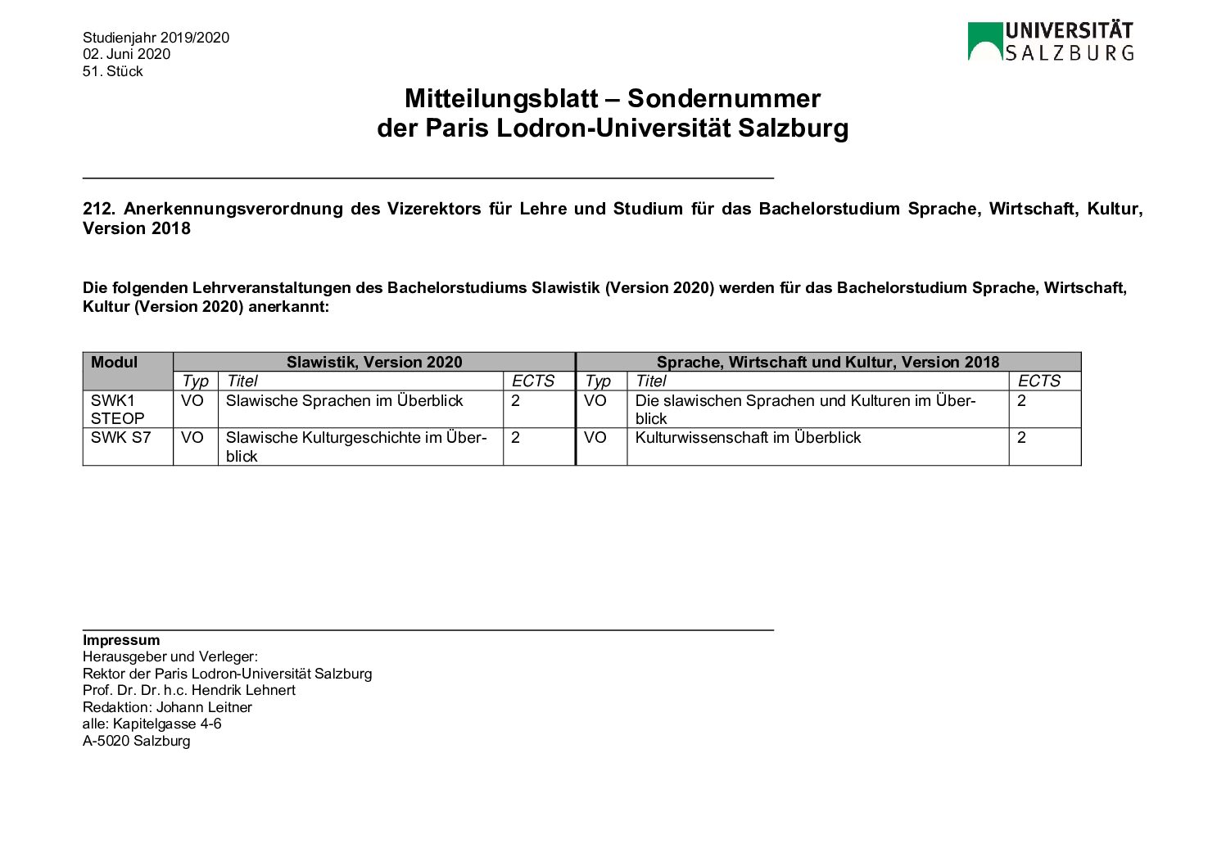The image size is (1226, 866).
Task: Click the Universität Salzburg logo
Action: [x=1050, y=42]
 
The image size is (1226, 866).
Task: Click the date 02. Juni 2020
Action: [x=126, y=54]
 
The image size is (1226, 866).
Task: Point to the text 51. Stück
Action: [x=112, y=71]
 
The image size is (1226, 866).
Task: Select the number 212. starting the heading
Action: [x=98, y=209]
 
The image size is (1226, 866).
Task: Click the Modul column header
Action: [x=115, y=363]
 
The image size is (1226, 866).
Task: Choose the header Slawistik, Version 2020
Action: [x=374, y=363]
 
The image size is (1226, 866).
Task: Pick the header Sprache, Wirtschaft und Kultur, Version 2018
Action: [x=828, y=363]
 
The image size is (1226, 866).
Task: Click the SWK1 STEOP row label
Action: [x=117, y=409]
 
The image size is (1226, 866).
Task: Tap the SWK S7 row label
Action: [x=121, y=438]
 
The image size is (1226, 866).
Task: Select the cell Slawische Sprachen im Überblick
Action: [x=344, y=401]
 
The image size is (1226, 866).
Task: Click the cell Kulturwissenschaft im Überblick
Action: [x=748, y=438]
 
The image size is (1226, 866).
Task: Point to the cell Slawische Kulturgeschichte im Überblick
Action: [x=355, y=447]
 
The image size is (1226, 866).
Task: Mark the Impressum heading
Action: [x=121, y=640]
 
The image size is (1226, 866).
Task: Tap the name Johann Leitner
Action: [x=204, y=707]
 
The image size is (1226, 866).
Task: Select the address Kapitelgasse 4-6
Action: [x=167, y=724]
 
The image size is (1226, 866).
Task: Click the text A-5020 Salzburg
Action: [x=136, y=741]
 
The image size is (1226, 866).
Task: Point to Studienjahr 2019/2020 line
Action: [x=156, y=38]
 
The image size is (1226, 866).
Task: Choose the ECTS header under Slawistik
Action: [x=533, y=381]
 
